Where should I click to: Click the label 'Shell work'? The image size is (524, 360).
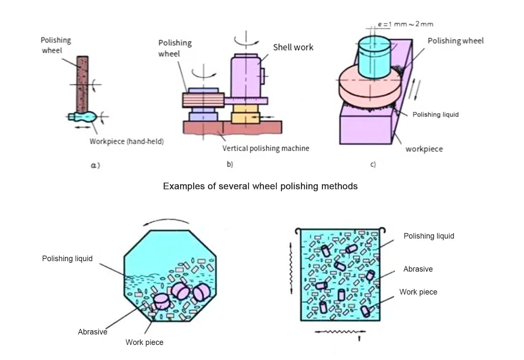[x=293, y=47]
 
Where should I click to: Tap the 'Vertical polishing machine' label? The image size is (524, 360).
[x=266, y=149]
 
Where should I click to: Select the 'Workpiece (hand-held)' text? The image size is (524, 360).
[x=127, y=141]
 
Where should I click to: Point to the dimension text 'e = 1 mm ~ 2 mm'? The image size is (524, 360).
[x=405, y=24]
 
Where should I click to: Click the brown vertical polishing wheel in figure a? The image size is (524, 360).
[x=82, y=83]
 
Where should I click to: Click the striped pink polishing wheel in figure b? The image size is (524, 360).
[x=203, y=100]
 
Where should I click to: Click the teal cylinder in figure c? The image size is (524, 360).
[x=374, y=57]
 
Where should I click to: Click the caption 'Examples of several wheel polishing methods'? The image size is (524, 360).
[x=260, y=186]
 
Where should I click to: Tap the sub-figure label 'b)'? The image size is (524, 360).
[x=230, y=164]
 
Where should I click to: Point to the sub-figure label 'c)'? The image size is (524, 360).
[x=373, y=164]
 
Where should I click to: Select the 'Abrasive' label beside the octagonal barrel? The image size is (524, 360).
[x=93, y=332]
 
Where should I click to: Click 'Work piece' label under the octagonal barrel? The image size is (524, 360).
[x=144, y=342]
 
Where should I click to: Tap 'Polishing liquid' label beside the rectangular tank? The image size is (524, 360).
[x=429, y=236]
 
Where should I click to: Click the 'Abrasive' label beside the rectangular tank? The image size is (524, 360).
[x=418, y=269]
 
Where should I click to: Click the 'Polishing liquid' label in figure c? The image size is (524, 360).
[x=435, y=115]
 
